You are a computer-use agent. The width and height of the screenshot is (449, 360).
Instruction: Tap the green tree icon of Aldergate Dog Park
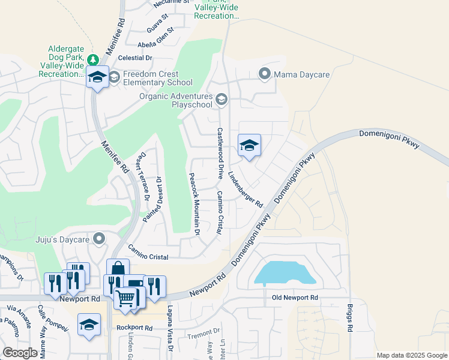[x=92, y=59]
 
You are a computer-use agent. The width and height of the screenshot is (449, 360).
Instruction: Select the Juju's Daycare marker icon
[x=99, y=239]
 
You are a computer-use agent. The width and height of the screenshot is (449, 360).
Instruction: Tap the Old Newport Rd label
[x=294, y=298]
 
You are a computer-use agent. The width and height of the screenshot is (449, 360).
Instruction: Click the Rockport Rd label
[x=135, y=328]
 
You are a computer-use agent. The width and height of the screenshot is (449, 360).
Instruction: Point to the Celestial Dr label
[x=136, y=58]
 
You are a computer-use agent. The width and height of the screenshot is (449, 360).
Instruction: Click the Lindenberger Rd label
[x=246, y=189]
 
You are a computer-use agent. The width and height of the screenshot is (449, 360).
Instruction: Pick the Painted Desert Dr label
[x=152, y=200]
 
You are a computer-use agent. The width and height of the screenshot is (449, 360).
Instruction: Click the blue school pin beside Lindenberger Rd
[x=249, y=145]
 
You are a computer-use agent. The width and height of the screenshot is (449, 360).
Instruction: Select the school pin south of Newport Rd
[x=89, y=325]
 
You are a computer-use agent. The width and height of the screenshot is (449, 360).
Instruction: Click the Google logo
[x=20, y=353]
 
